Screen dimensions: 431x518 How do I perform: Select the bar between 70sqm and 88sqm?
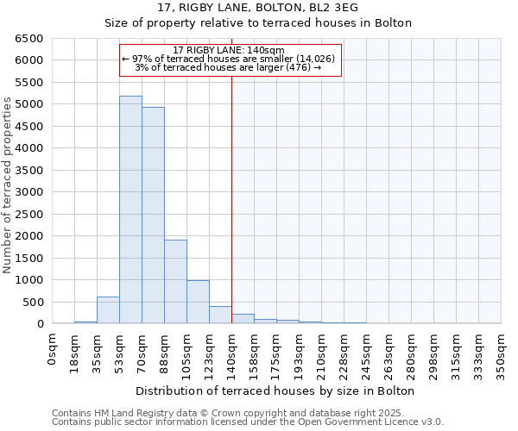tap(153, 215)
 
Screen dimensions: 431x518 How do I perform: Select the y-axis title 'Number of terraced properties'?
tap(8, 185)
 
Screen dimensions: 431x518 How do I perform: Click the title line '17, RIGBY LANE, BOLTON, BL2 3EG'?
tap(259, 8)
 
